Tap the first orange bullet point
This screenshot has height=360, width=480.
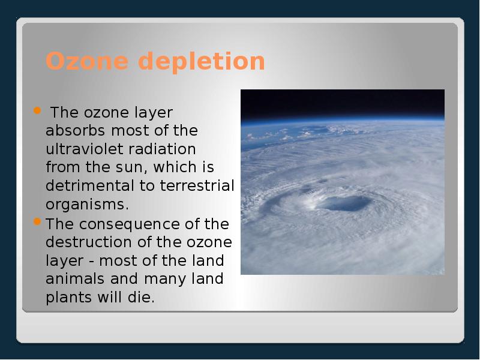tap(37, 111)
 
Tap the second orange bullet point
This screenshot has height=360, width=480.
tap(37, 222)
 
